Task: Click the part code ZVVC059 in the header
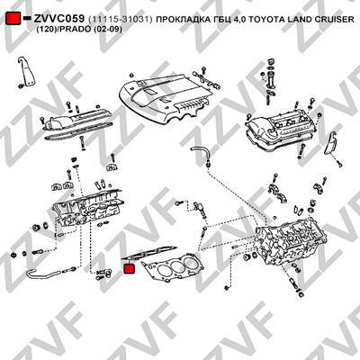click(x=58, y=19)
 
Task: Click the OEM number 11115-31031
click(x=121, y=20)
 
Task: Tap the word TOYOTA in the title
click(x=266, y=20)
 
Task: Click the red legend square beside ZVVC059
click(x=13, y=19)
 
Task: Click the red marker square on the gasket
click(x=130, y=268)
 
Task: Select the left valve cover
click(x=77, y=122)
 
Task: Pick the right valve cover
click(x=281, y=129)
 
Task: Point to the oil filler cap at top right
click(x=271, y=61)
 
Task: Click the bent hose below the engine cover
click(x=201, y=150)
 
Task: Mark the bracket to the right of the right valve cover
click(x=331, y=145)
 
